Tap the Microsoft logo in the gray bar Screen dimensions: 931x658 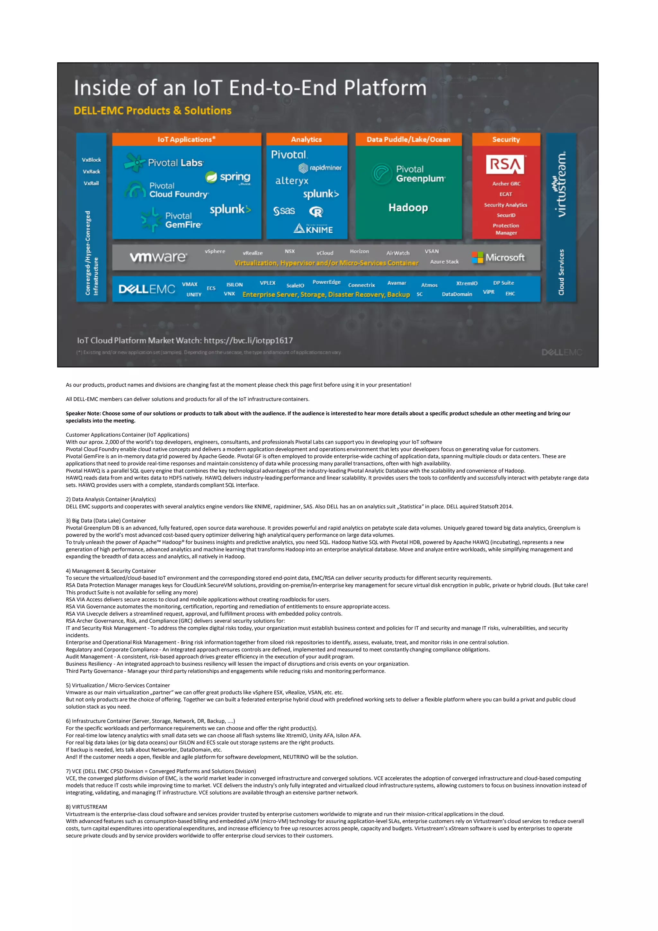[498, 257]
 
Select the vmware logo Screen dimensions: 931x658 [158, 257]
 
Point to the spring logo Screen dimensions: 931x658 [228, 177]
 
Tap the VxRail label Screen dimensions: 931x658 [91, 183]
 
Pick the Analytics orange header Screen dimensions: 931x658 [307, 139]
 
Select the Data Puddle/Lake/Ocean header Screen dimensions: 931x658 [408, 139]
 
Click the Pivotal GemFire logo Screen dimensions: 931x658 [172, 220]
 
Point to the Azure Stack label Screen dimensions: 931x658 [444, 262]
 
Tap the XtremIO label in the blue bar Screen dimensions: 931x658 [467, 283]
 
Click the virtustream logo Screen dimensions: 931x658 [561, 185]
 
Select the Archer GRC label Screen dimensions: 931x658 [506, 184]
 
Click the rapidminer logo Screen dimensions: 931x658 [320, 168]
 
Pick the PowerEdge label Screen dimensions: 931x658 [326, 282]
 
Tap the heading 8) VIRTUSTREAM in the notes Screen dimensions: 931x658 [86, 807]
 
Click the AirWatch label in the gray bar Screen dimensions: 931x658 [398, 253]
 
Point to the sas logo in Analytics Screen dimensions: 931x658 [284, 211]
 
